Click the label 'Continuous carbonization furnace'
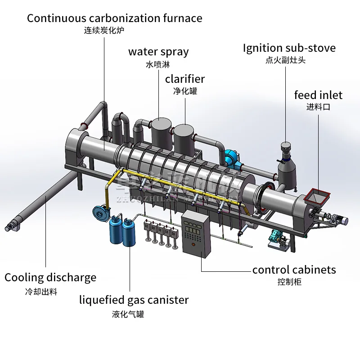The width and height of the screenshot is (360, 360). pyautogui.click(x=114, y=18)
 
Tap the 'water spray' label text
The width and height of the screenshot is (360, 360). pyautogui.click(x=158, y=52)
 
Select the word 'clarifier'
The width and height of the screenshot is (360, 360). pyautogui.click(x=184, y=79)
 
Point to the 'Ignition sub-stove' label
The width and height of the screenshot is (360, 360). pyautogui.click(x=289, y=48)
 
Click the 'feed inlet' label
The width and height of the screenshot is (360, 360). pyautogui.click(x=318, y=95)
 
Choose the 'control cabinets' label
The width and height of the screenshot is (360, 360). pyautogui.click(x=294, y=270)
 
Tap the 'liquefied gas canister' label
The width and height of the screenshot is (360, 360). pyautogui.click(x=134, y=300)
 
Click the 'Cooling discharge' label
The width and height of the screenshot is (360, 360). pyautogui.click(x=50, y=277)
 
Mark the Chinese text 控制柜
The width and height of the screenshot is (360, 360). pyautogui.click(x=289, y=282)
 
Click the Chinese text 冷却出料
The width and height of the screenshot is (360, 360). pyautogui.click(x=41, y=292)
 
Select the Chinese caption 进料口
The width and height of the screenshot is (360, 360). pyautogui.click(x=318, y=107)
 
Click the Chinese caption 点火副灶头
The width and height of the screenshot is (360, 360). pyautogui.click(x=285, y=60)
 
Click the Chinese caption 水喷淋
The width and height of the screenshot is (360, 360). pyautogui.click(x=158, y=64)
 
